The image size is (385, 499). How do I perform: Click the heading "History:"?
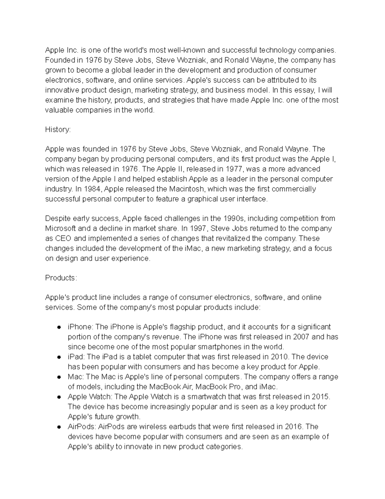tap(58, 129)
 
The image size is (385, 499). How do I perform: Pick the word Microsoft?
tap(61, 228)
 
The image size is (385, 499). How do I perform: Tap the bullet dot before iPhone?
tap(59, 327)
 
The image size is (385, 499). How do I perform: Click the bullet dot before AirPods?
tap(59, 427)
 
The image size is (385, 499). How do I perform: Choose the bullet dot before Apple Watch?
tap(59, 397)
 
